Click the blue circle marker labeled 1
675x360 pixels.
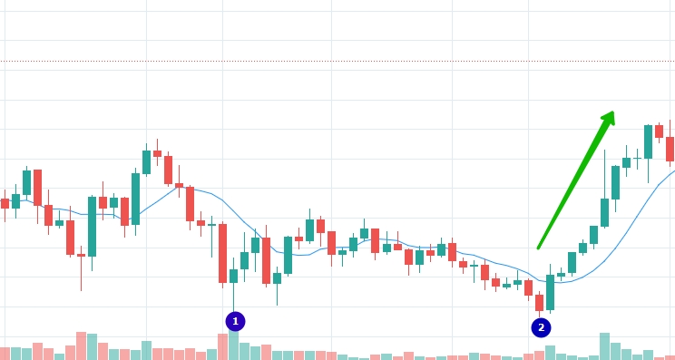pyautogui.click(x=235, y=321)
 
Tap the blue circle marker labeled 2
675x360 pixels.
pyautogui.click(x=541, y=327)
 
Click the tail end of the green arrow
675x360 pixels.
pyautogui.click(x=538, y=248)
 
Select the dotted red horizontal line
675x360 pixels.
pyautogui.click(x=337, y=61)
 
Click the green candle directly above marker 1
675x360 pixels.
pyautogui.click(x=233, y=277)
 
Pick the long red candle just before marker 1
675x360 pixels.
pyautogui.click(x=222, y=253)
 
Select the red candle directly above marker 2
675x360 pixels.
pyautogui.click(x=540, y=303)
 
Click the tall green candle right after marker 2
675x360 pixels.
pyautogui.click(x=550, y=292)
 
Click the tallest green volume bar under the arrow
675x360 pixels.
pyautogui.click(x=605, y=346)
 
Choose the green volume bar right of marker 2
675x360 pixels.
pyautogui.click(x=550, y=353)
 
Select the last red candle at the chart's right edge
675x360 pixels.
pyautogui.click(x=670, y=149)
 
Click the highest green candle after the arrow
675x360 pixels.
pyautogui.click(x=649, y=141)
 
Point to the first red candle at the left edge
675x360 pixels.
pyautogui.click(x=5, y=203)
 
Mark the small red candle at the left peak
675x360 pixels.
pyautogui.click(x=157, y=153)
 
